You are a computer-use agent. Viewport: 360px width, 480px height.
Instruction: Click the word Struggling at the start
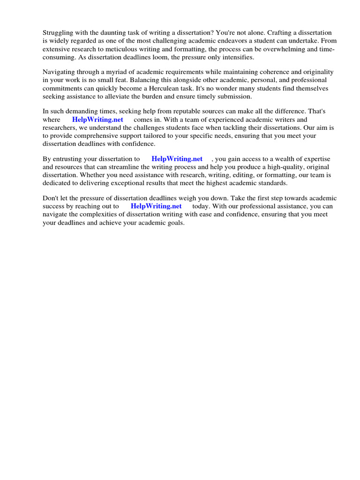[x=59, y=33]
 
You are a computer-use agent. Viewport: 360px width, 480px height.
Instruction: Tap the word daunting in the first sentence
[x=109, y=33]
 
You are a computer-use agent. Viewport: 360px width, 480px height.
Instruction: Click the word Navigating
[x=60, y=72]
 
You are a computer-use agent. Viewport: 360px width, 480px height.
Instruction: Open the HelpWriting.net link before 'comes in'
[x=97, y=120]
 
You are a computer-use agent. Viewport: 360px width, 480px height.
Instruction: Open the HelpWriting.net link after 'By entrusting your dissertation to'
[x=177, y=159]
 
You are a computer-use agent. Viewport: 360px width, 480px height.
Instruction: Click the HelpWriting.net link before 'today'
[x=156, y=206]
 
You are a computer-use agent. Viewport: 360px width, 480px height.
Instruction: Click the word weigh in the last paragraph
[x=207, y=198]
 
